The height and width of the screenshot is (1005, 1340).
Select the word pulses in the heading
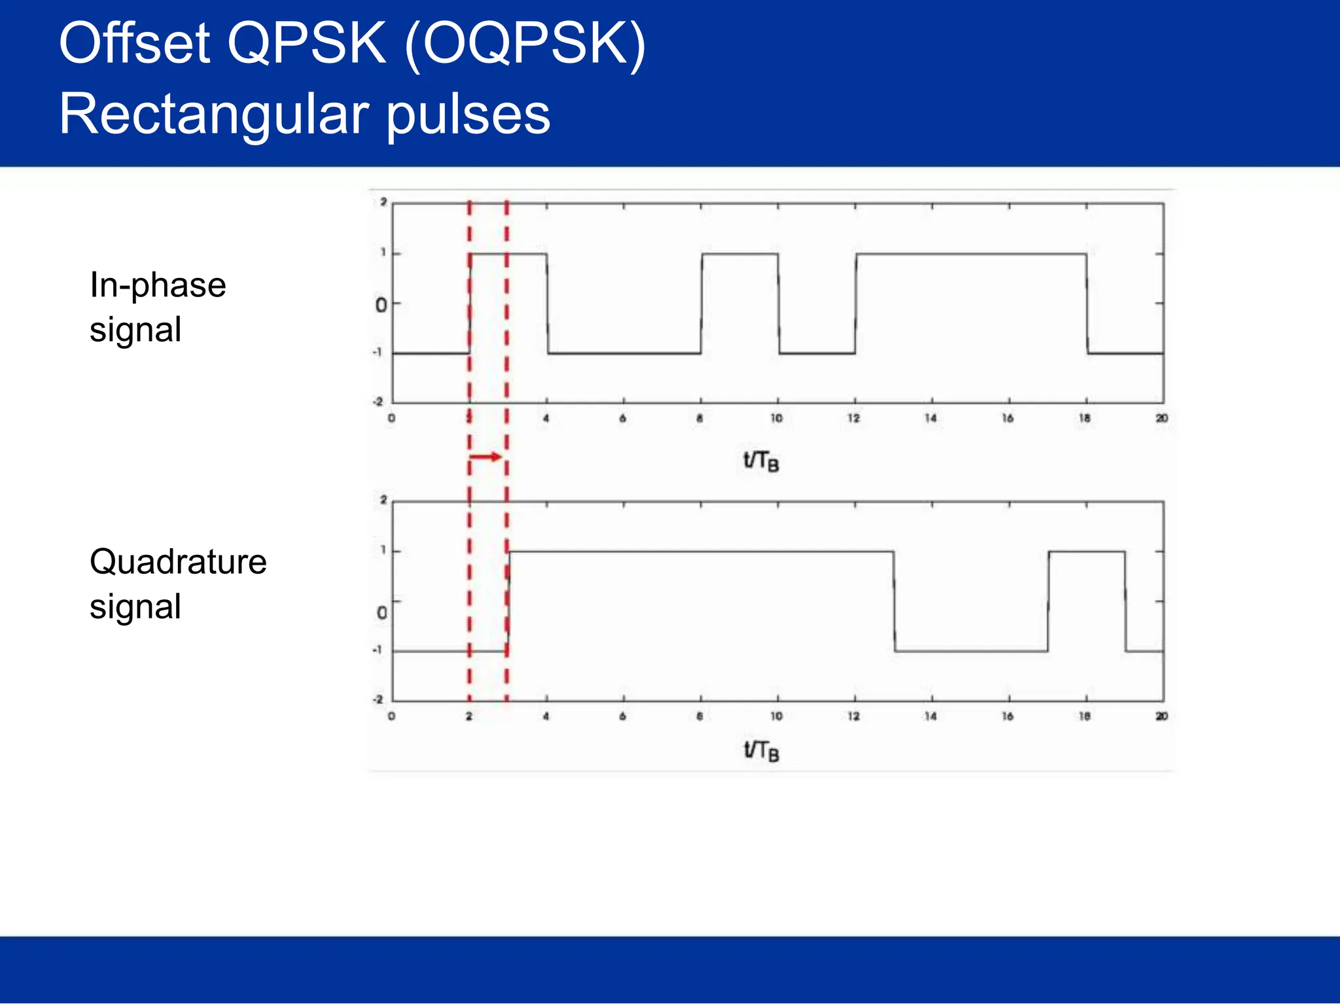(x=468, y=115)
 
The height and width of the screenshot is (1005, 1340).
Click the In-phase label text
(x=158, y=285)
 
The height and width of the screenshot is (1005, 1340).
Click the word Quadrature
(x=178, y=562)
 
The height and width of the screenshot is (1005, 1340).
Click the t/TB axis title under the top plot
(x=760, y=461)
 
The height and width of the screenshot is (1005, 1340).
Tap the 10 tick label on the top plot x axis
(x=776, y=418)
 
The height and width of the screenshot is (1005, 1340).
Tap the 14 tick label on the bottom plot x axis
(x=930, y=716)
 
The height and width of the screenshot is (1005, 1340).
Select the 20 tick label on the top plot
(x=1161, y=418)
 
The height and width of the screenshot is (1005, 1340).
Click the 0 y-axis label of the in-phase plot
(x=381, y=305)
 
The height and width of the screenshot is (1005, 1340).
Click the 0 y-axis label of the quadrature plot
(x=382, y=613)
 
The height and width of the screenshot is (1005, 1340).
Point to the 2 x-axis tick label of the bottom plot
(x=469, y=716)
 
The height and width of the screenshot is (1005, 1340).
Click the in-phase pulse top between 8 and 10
(x=740, y=254)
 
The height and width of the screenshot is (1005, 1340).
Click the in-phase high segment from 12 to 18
(x=971, y=254)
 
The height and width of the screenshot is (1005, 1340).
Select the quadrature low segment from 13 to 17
(x=971, y=651)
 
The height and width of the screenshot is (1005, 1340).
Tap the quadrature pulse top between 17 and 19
(x=1087, y=552)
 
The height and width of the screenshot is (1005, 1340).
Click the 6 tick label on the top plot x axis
(x=622, y=418)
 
